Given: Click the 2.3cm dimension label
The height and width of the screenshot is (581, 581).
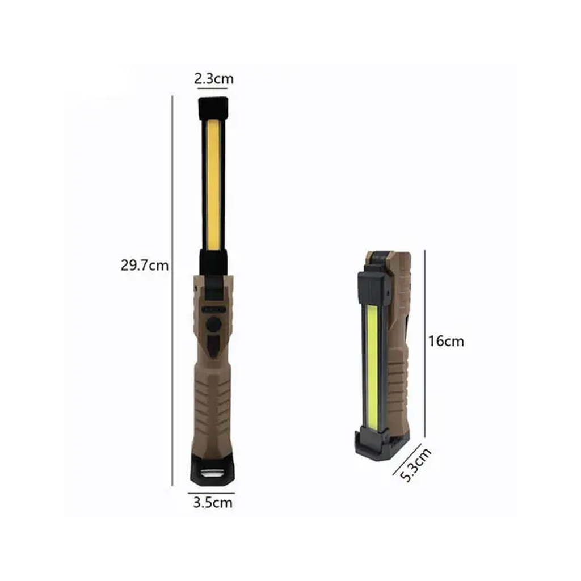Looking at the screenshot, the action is pos(214,78).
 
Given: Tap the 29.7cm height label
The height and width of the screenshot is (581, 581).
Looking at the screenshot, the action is pos(145,266).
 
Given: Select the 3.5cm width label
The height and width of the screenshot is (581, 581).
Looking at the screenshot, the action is pos(213,503).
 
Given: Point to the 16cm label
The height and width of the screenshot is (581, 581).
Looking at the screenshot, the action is pos(446,341).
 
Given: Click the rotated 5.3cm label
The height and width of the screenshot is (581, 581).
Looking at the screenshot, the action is pos(416,465).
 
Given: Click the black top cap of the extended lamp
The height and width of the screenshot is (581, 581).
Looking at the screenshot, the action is pos(213,108).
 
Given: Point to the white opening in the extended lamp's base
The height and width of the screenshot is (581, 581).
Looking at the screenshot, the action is pos(212,474).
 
